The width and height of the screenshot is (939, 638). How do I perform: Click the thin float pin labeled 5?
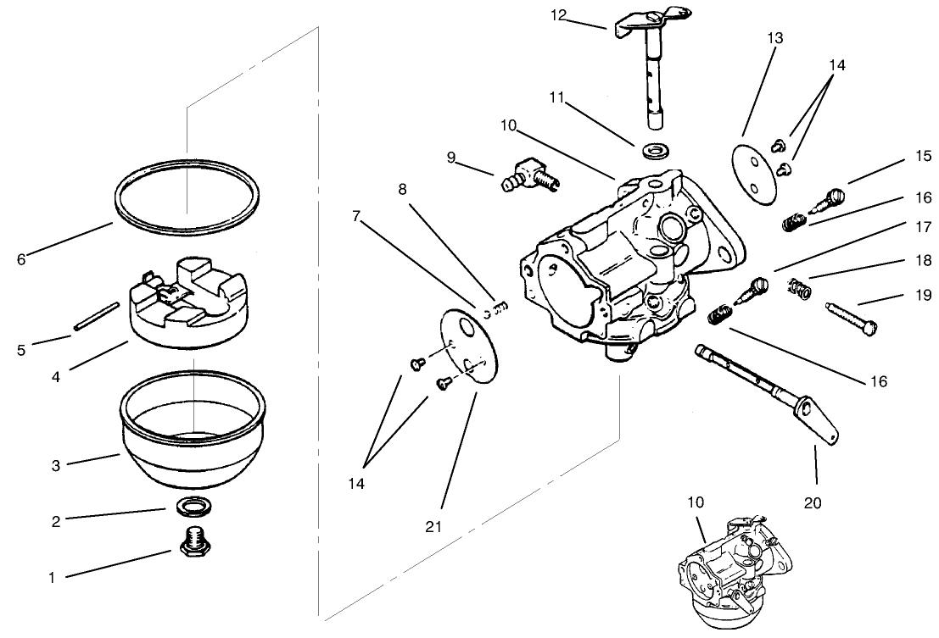click(95, 316)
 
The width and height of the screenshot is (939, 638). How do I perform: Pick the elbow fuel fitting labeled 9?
click(529, 175)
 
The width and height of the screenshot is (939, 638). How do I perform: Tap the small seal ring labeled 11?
click(654, 151)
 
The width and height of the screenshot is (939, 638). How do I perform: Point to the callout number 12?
click(557, 14)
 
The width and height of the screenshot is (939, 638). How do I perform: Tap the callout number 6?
click(21, 259)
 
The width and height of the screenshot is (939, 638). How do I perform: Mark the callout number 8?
click(402, 189)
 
